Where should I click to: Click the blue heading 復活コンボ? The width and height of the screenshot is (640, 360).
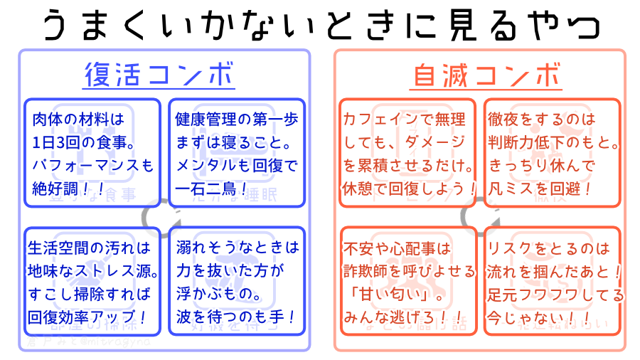tap(159, 75)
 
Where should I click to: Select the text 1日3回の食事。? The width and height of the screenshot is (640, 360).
tap(84, 142)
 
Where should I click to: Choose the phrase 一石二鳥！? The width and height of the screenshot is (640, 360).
tap(213, 189)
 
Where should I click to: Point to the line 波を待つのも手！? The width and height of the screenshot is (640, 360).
tap(235, 316)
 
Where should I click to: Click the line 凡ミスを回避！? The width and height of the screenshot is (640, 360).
tap(540, 189)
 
